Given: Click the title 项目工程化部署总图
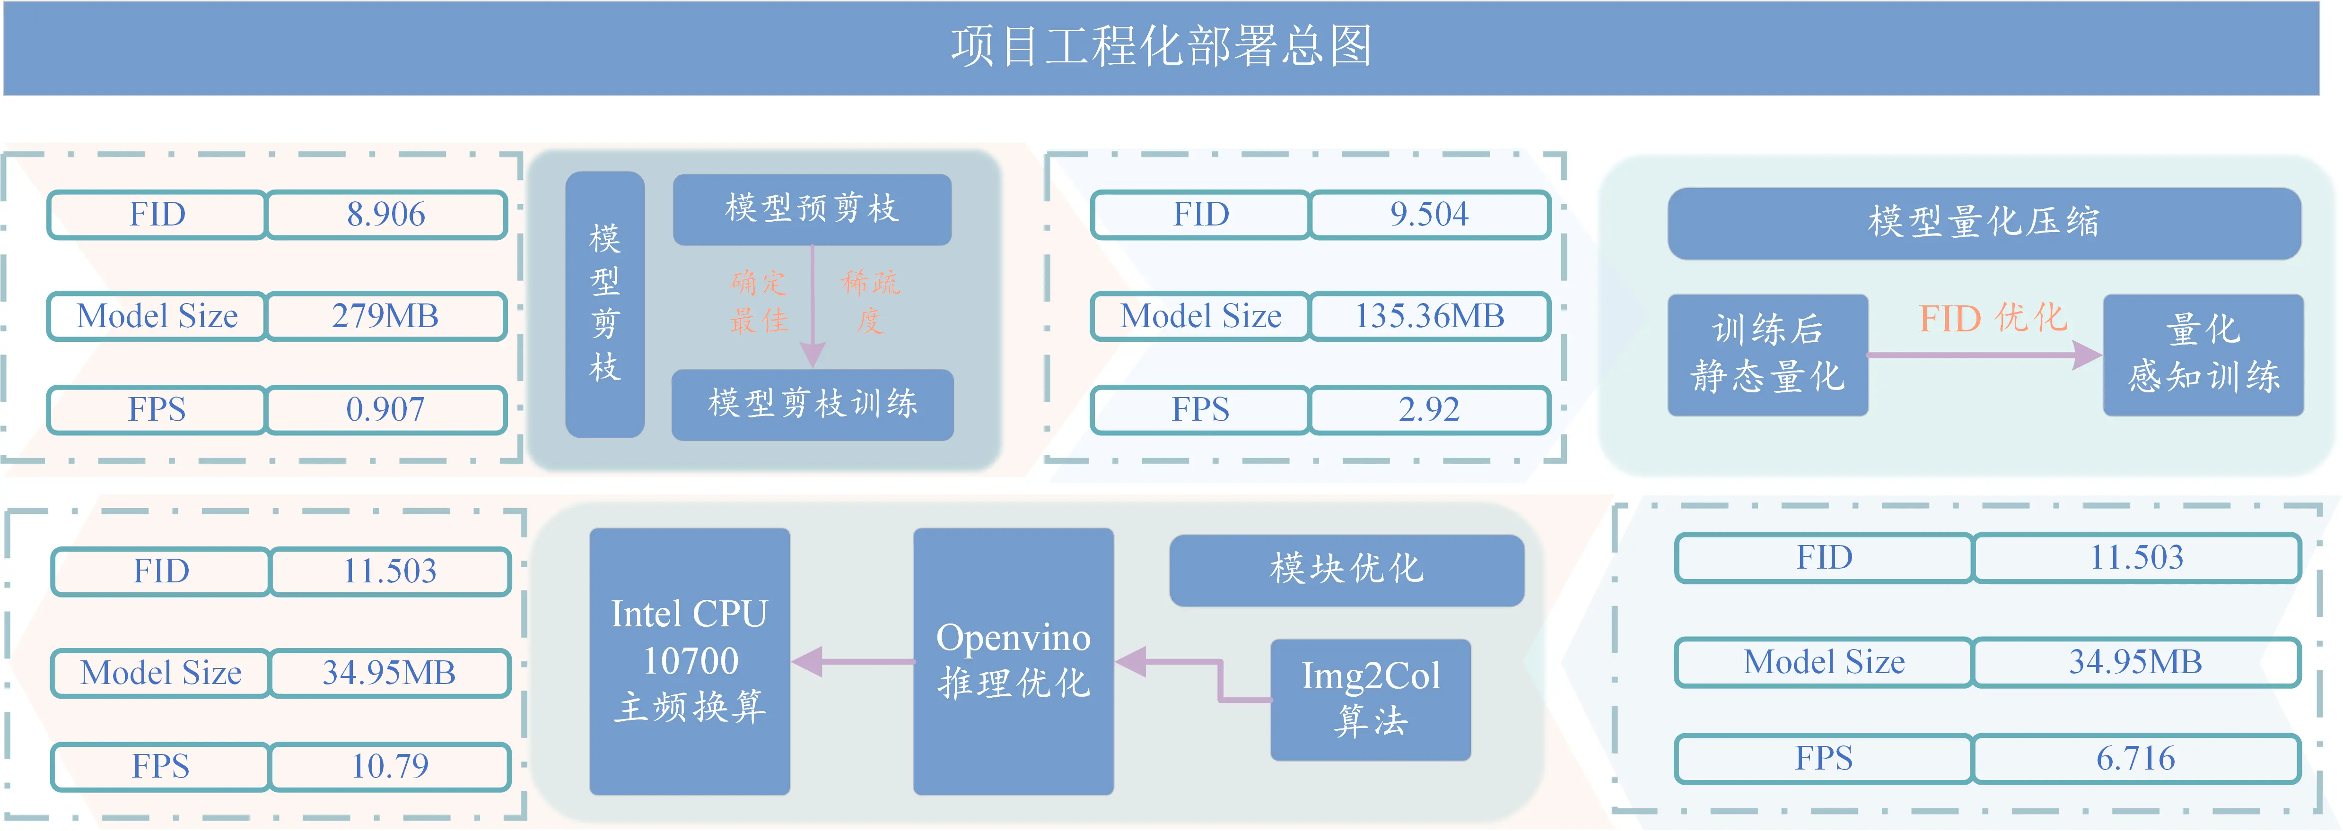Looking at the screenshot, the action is coord(1162,45).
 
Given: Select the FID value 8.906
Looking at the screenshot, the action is coord(385,215).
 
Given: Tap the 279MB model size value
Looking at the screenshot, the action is coord(385,316).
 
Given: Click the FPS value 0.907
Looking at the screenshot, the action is coord(385,410).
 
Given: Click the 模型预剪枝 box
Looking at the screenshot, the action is coord(812,209).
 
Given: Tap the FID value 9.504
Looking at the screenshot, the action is coord(1429,215).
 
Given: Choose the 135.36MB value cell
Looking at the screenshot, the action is coord(1429,316).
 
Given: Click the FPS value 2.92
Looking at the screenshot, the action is coord(1429,410).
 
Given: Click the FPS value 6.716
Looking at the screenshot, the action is coord(2136,758).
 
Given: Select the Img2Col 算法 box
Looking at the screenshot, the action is coord(1371,699).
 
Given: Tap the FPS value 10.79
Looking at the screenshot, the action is coord(390,766).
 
